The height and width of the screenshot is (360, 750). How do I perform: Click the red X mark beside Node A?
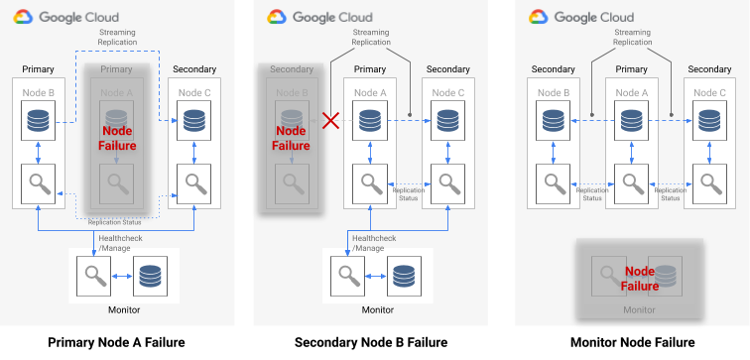point(329,121)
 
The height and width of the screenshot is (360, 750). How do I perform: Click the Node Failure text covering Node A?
point(117,138)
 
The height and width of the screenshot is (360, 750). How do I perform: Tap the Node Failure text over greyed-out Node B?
point(291,138)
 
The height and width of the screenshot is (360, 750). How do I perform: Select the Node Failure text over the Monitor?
point(640,279)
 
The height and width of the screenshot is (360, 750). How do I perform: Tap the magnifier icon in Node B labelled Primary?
point(37,184)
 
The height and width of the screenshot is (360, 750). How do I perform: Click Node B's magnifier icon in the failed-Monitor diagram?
point(553,184)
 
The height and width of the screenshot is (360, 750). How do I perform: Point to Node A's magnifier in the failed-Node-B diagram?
point(370,184)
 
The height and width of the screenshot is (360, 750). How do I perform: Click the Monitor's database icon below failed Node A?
point(151,277)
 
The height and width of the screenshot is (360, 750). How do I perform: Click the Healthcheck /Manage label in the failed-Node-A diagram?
point(110,243)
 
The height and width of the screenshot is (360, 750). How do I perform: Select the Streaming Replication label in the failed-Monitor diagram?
point(632,38)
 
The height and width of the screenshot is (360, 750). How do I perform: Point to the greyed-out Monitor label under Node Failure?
point(639,310)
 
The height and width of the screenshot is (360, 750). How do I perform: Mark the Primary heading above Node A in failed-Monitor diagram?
point(631,69)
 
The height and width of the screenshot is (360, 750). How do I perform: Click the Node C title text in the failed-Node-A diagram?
point(193,92)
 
